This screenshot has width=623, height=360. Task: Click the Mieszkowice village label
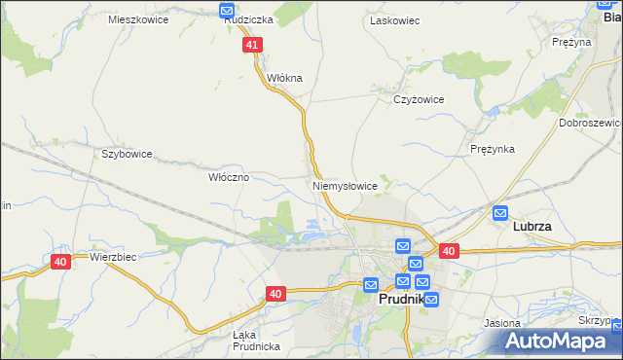click(x=138, y=19)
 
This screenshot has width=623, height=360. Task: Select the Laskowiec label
click(x=393, y=19)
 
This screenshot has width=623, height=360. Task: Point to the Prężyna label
click(x=571, y=42)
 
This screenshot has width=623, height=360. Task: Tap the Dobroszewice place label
click(x=590, y=124)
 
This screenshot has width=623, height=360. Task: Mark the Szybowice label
click(x=128, y=154)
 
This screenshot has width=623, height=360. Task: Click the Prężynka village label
click(x=492, y=149)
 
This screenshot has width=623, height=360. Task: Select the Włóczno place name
click(x=230, y=178)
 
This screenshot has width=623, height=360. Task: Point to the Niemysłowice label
click(x=345, y=185)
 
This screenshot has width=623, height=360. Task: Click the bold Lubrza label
click(x=532, y=227)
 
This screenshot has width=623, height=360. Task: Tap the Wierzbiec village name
click(x=111, y=258)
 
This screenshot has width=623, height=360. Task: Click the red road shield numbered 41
click(x=253, y=45)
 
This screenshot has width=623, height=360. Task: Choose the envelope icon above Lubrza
click(x=500, y=212)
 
